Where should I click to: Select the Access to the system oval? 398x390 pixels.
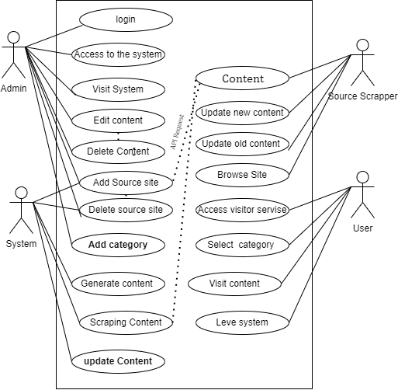[x=118, y=54]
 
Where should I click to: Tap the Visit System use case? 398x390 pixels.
[x=118, y=89]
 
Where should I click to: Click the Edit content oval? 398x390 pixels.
[x=118, y=120]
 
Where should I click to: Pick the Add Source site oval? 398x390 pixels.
[x=126, y=183]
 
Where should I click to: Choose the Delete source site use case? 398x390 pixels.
[x=126, y=210]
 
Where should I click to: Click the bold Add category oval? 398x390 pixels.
[x=118, y=244]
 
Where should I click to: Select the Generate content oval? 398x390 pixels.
[x=118, y=284]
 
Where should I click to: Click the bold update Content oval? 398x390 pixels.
[x=118, y=360]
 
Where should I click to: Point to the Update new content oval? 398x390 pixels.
[x=241, y=113]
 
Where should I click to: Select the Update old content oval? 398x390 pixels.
[x=241, y=144]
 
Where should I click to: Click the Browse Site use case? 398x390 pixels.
[x=241, y=175]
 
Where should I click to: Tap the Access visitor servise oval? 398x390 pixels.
[x=242, y=210]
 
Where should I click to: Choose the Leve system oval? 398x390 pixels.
[x=242, y=322]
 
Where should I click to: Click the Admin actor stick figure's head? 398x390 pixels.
[x=13, y=37]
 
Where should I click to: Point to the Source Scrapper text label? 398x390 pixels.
[x=362, y=96]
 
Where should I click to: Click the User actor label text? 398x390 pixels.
[x=362, y=228]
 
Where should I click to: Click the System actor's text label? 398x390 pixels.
[x=21, y=244]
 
